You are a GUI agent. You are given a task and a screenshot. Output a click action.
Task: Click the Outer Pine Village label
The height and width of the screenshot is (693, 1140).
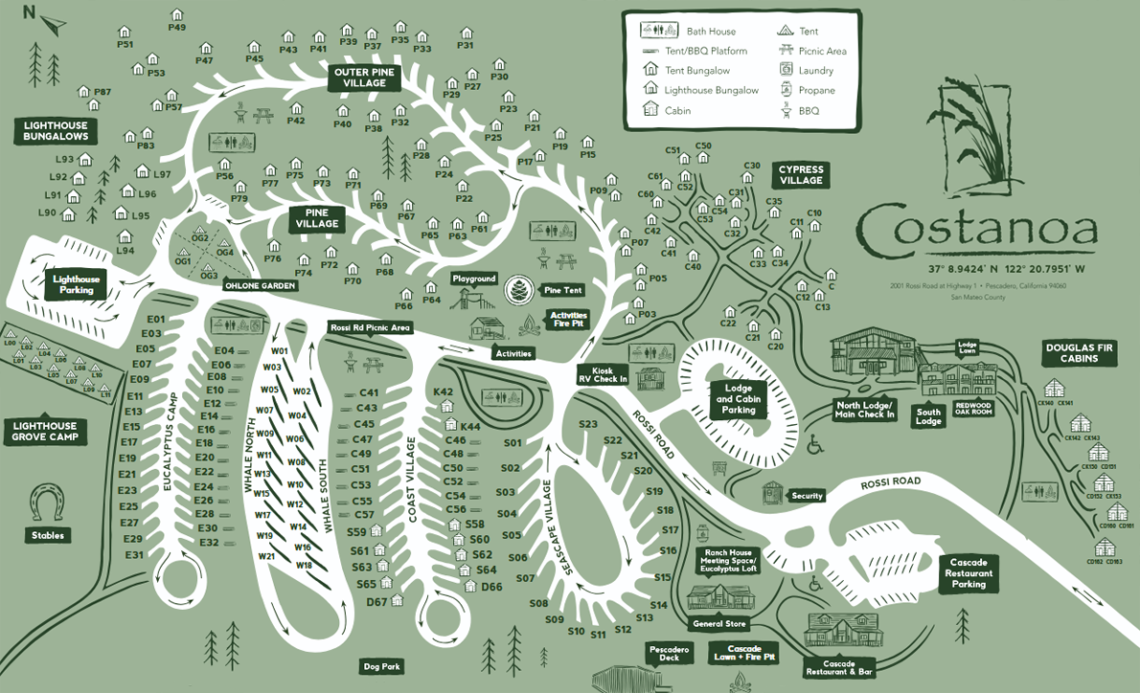(x=359, y=78)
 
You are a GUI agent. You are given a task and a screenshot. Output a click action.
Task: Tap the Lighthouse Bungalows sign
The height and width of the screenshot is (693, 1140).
(x=56, y=131)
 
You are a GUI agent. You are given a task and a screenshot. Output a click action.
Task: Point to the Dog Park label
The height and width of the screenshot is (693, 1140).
(x=382, y=666)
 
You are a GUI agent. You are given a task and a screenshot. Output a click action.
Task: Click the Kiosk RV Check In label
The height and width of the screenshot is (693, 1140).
(x=602, y=374)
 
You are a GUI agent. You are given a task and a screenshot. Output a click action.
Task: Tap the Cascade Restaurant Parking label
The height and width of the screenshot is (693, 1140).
(x=969, y=572)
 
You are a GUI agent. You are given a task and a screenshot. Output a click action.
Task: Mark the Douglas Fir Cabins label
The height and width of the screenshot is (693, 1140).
(x=1078, y=352)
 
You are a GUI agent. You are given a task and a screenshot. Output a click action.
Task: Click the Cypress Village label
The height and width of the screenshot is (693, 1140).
(x=801, y=174)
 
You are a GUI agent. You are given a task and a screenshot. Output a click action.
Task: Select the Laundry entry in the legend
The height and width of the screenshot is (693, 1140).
(x=815, y=71)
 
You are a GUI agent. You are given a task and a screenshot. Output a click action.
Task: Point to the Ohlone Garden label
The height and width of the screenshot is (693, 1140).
(x=261, y=285)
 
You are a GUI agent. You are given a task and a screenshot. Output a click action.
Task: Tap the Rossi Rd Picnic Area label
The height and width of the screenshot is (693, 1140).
(x=370, y=327)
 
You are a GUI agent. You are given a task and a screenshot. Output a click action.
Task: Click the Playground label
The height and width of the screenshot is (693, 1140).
(x=474, y=279)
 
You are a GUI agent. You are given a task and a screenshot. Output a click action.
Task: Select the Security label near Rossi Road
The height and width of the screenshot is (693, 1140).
(x=807, y=496)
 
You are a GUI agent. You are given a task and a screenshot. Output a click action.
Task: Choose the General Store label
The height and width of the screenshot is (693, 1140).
(x=719, y=624)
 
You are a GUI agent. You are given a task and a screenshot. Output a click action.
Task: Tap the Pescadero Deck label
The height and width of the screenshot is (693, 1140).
(x=670, y=653)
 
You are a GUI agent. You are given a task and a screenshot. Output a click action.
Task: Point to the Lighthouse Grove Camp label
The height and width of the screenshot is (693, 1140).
(x=43, y=431)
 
